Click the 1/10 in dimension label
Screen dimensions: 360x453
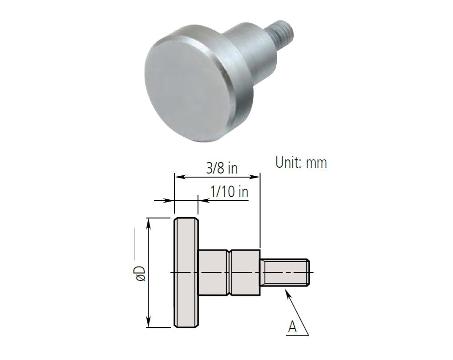[229, 193]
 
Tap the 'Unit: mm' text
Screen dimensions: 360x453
[301, 162]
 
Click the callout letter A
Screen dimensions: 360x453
[292, 327]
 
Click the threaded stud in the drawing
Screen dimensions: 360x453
[285, 272]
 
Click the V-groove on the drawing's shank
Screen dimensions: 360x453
[230, 272]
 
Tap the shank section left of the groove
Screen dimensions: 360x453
[213, 272]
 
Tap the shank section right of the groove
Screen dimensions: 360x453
[246, 272]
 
